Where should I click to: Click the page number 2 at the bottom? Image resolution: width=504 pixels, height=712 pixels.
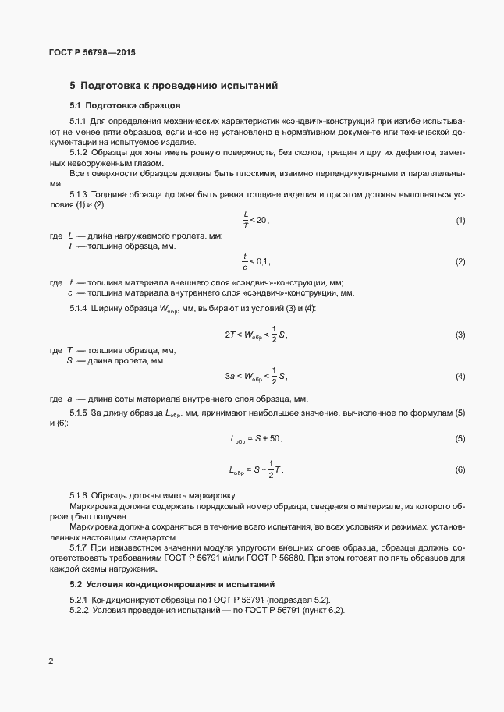pos(51,661)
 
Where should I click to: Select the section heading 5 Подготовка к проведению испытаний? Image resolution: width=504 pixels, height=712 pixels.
pos(173,85)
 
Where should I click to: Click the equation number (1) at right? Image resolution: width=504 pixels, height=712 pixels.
pos(460,221)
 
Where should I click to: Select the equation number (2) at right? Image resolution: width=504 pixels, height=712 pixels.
pos(460,261)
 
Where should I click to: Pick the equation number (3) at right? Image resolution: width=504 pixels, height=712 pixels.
pos(460,335)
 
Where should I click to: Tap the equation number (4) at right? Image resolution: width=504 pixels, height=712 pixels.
pos(460,377)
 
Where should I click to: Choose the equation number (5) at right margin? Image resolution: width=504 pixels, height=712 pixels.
pos(460,440)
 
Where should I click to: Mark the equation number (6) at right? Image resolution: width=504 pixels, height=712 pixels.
pos(460,470)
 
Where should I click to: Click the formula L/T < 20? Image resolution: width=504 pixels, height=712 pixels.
pos(256,221)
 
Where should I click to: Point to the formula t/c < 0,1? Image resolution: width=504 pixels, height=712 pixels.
pos(256,261)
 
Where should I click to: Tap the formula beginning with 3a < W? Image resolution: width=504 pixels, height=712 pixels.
pos(257,377)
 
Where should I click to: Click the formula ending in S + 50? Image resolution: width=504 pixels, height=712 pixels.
pos(256,440)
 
